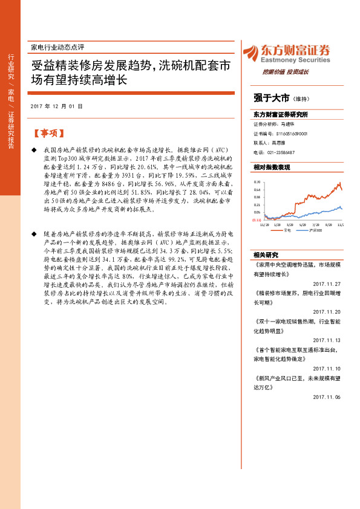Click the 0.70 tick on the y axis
point(257,181)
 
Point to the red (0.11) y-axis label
point(257,220)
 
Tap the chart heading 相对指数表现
point(272,166)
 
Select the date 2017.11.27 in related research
point(327,284)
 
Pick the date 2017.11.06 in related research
point(327,397)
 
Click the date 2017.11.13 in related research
point(327,340)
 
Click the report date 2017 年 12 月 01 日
point(56,106)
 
